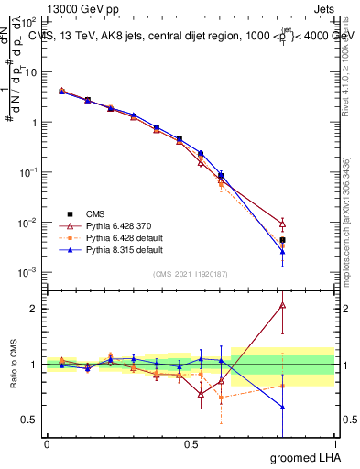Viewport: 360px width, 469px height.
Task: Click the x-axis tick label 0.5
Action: coord(191,443)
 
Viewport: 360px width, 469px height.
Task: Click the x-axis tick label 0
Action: coord(47,443)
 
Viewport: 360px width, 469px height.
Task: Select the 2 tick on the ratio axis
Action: coord(35,309)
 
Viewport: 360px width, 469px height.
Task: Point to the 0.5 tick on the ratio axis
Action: coord(31,420)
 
